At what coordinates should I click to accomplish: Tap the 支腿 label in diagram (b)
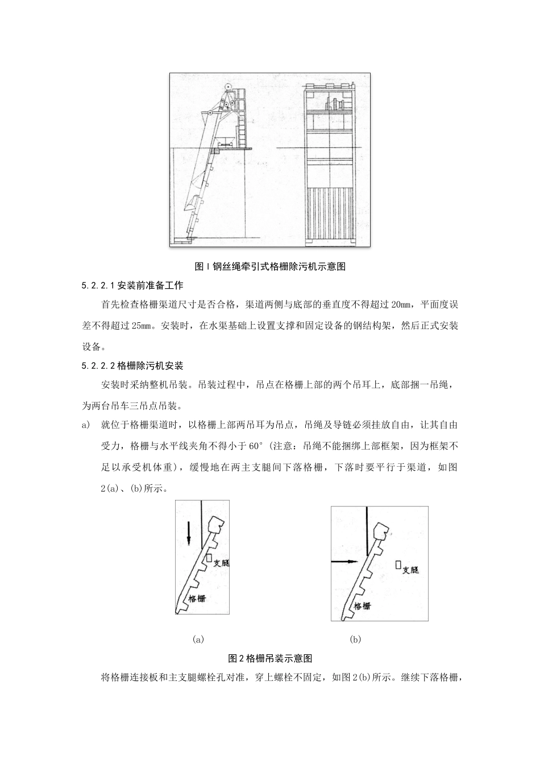coord(410,569)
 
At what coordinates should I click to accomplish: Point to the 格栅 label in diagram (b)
coord(362,605)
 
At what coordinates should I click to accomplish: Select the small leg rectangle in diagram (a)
coord(209,559)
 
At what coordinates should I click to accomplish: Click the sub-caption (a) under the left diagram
coord(198,639)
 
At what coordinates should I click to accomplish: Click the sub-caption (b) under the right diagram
coord(355,639)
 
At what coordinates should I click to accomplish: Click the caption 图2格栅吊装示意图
coord(270,658)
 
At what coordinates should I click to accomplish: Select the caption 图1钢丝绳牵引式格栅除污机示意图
coord(270,266)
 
